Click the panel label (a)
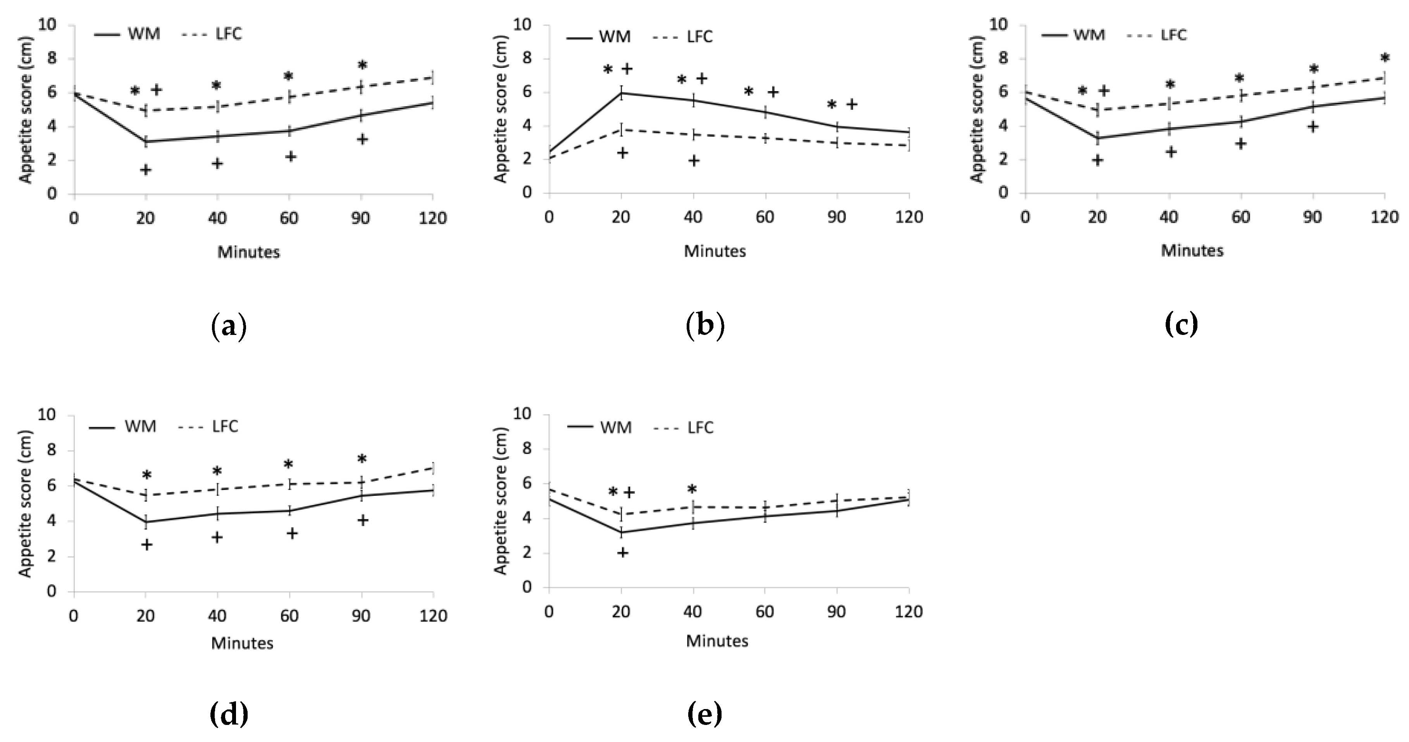(229, 327)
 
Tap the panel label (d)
(229, 714)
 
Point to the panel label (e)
(704, 714)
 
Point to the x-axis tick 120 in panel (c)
(1384, 217)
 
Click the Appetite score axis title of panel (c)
(977, 109)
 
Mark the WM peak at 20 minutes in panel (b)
(621, 93)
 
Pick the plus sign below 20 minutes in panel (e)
(622, 553)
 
